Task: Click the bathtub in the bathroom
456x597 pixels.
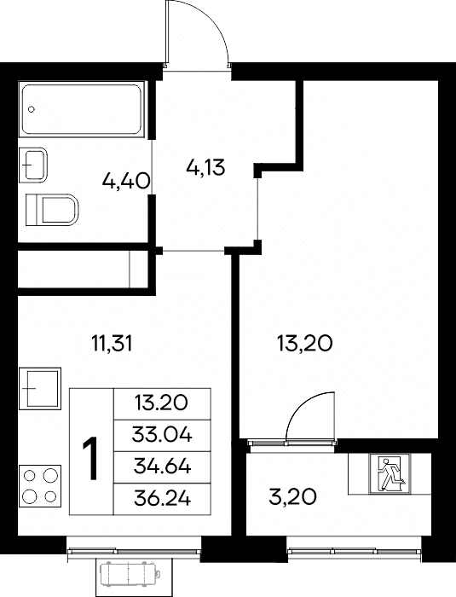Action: pyautogui.click(x=82, y=109)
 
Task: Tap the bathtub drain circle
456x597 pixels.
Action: pyautogui.click(x=32, y=109)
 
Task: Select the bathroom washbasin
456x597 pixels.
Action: pyautogui.click(x=33, y=165)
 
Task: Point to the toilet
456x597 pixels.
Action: pyautogui.click(x=52, y=210)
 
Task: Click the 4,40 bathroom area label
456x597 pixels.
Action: pyautogui.click(x=125, y=181)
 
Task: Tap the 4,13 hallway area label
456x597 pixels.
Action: pyautogui.click(x=206, y=167)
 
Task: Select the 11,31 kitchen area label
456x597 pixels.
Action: pyautogui.click(x=112, y=344)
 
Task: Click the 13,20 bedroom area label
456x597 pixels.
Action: pyautogui.click(x=305, y=344)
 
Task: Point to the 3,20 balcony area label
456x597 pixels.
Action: pyautogui.click(x=292, y=496)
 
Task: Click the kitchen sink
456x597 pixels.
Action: pyautogui.click(x=39, y=388)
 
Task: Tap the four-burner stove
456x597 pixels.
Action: pyautogui.click(x=39, y=486)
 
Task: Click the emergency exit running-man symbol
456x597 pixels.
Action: pyautogui.click(x=390, y=474)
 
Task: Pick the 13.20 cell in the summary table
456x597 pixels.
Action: pyautogui.click(x=162, y=404)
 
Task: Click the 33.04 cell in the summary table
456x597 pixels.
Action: pyautogui.click(x=162, y=436)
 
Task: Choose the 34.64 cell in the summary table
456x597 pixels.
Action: pyautogui.click(x=162, y=467)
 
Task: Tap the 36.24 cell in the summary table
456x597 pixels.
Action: pyautogui.click(x=162, y=499)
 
